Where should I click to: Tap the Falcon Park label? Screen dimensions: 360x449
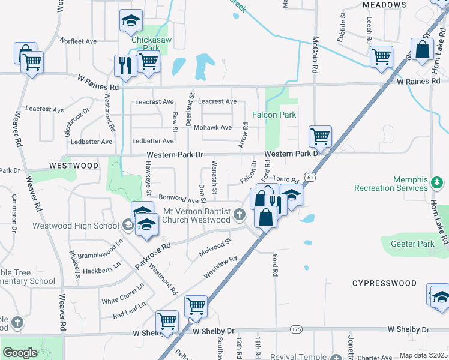pos(274,114)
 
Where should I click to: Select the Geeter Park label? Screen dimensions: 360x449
pos(409,244)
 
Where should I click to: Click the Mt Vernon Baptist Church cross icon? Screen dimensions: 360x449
pos(240,215)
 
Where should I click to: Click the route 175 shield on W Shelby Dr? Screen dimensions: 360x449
pos(295,329)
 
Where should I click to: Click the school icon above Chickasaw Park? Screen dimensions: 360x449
pos(130,22)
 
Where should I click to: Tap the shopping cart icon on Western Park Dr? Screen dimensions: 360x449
pos(321,136)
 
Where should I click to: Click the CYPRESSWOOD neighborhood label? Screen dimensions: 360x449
pos(384,283)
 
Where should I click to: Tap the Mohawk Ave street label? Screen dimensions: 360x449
pos(217,127)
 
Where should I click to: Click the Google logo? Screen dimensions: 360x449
pos(20,353)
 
